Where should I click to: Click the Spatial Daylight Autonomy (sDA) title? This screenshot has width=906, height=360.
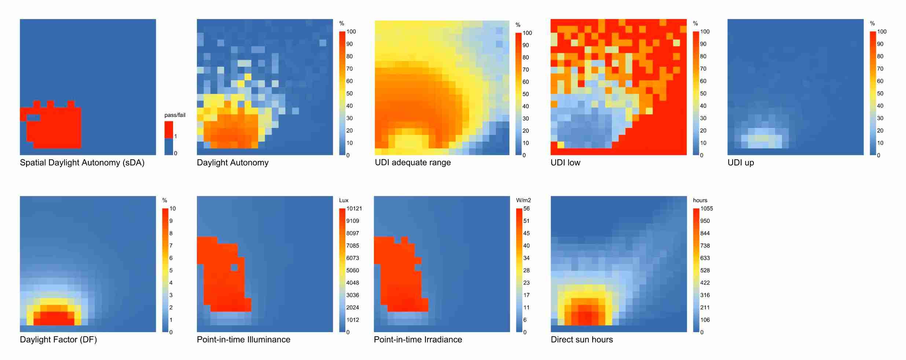82,163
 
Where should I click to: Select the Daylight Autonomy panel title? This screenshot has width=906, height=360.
232,163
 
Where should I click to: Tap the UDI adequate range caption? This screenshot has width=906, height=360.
412,163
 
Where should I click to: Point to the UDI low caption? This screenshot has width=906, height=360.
565,163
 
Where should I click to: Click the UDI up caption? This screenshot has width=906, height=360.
741,163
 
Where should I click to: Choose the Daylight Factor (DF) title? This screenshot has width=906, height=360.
58,340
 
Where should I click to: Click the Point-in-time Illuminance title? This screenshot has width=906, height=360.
243,340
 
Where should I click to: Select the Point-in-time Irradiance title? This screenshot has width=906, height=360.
418,340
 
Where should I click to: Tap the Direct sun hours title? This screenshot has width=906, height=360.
582,340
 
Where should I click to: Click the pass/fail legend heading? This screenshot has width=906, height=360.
175,115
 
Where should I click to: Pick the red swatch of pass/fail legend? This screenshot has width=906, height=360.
169,129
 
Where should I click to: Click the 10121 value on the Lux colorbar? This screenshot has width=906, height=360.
354,209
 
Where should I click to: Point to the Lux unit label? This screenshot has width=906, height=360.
344,200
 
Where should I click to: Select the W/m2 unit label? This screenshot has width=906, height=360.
523,200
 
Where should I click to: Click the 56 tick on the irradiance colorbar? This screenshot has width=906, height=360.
526,209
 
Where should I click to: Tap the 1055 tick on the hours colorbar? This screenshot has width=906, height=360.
707,209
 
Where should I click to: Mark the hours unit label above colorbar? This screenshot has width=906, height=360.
700,200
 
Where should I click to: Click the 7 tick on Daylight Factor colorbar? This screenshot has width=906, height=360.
171,246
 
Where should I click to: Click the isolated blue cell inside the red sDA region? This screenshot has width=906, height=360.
34,118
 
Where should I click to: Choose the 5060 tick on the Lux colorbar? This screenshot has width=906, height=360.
352,271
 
